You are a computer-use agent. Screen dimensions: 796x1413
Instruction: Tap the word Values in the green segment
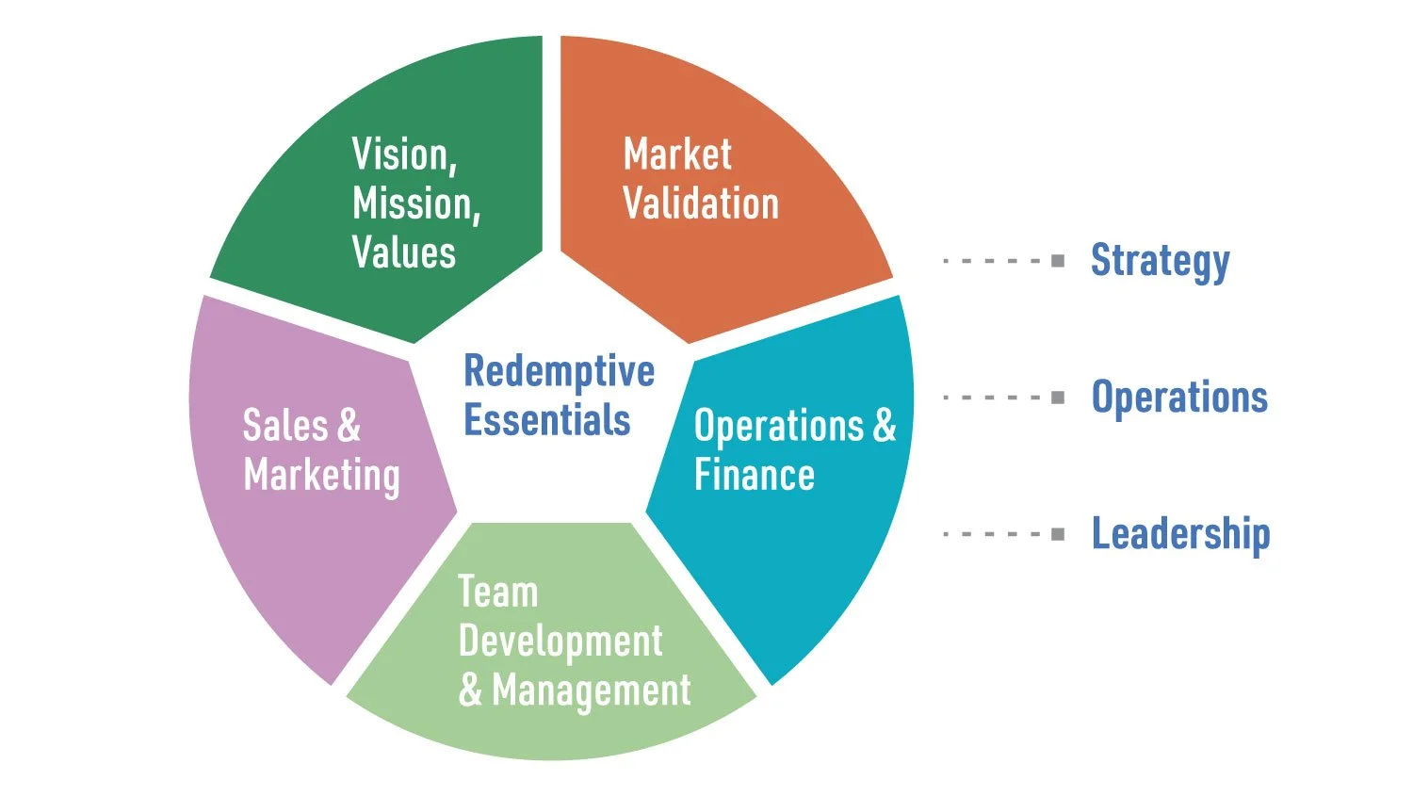[403, 252]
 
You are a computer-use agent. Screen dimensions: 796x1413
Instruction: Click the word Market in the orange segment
[677, 155]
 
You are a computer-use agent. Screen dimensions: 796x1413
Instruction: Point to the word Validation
[701, 204]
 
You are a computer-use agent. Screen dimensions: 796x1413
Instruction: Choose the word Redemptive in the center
[559, 372]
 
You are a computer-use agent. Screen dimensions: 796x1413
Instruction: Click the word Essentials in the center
[546, 420]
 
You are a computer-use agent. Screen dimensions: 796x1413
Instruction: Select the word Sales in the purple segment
[285, 425]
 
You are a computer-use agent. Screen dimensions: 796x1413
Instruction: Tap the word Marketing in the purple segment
[321, 476]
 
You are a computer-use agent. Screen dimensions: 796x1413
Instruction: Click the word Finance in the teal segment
[754, 475]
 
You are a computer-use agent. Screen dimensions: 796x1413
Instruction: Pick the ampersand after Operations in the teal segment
[884, 426]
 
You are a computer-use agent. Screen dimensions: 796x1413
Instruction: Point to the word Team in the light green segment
[497, 593]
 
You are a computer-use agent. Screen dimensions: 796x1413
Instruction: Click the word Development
[560, 642]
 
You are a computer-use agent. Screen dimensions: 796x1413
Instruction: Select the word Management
[591, 691]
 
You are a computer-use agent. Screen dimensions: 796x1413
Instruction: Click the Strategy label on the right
[1160, 262]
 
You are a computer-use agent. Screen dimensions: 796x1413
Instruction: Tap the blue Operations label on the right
[1179, 398]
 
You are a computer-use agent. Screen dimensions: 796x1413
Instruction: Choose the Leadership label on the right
[1180, 534]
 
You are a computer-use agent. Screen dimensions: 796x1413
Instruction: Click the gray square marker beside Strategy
[1058, 261]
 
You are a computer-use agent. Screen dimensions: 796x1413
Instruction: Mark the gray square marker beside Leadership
[1058, 535]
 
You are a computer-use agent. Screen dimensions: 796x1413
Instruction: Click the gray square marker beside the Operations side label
[1058, 398]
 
